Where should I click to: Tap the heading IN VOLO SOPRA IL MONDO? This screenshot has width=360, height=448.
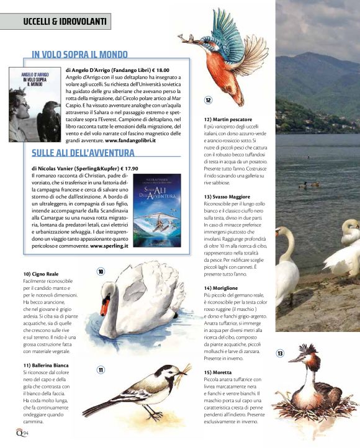point(79,55)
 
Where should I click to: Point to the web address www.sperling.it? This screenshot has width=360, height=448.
point(109,246)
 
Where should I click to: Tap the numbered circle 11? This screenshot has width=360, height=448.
point(101,370)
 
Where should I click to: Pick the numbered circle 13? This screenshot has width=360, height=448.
point(280,353)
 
